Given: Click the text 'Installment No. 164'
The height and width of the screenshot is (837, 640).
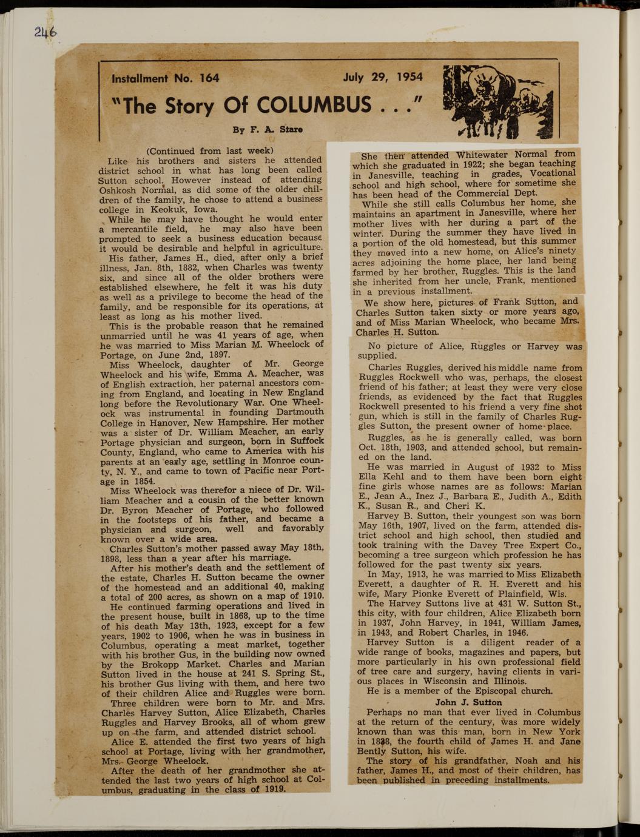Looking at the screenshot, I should (x=165, y=78).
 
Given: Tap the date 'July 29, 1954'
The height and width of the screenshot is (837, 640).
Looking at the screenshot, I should (x=382, y=78).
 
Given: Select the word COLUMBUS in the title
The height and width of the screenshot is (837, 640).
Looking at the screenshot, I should (x=314, y=106).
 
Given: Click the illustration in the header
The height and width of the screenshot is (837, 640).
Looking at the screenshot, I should (x=498, y=101).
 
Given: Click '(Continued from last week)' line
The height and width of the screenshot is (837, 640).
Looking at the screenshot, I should (x=210, y=151).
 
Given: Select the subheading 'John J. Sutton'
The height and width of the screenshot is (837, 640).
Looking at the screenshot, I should (x=468, y=702).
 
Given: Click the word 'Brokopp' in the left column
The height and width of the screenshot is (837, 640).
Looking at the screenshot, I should (x=139, y=665).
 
